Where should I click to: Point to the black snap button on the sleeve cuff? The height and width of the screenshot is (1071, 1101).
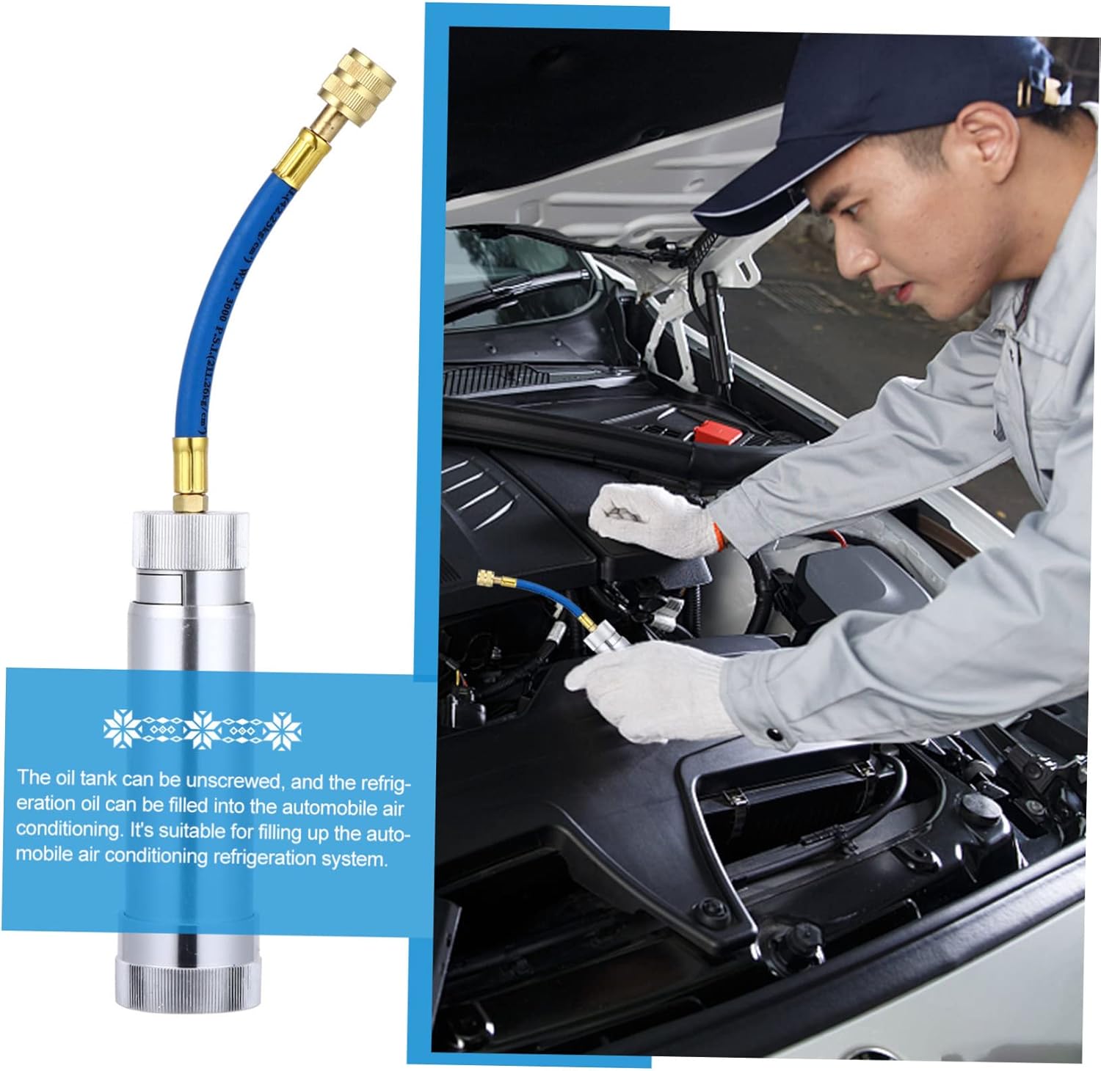(x=772, y=733)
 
